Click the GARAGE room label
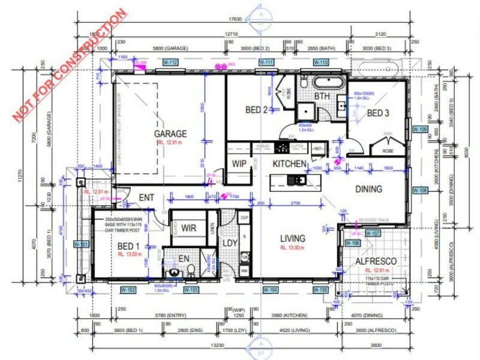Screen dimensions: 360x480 click(x=170, y=133)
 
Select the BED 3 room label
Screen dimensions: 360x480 click(x=378, y=113)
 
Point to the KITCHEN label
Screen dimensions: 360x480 click(x=290, y=164)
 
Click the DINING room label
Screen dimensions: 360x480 click(x=368, y=189)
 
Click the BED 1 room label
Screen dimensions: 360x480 click(x=129, y=246)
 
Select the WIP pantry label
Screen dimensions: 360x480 click(x=239, y=163)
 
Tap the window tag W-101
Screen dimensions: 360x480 click(x=80, y=244)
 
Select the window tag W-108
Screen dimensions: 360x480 click(x=420, y=190)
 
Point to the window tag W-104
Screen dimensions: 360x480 click(x=271, y=290)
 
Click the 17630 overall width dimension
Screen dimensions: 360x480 click(x=260, y=18)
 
